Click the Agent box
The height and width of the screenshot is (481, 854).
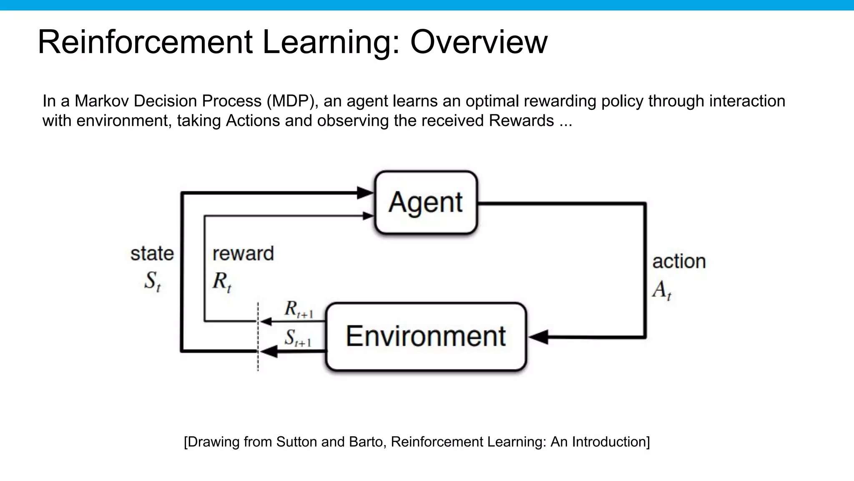(426, 203)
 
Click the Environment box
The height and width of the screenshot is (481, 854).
(426, 337)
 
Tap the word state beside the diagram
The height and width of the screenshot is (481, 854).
(152, 254)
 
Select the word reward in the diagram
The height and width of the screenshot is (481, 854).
(243, 254)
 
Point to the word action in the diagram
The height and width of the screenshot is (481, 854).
(678, 262)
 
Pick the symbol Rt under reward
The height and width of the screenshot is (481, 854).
(221, 281)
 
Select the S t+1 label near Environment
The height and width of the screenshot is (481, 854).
(297, 338)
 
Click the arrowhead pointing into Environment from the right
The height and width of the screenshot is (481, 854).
(538, 337)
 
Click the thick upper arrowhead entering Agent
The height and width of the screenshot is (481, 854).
(365, 193)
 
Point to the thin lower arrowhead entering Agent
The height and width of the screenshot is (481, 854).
(367, 216)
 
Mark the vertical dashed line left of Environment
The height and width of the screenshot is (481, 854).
(258, 337)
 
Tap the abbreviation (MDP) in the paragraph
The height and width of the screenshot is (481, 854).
(292, 101)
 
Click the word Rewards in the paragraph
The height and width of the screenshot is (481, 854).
(521, 121)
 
